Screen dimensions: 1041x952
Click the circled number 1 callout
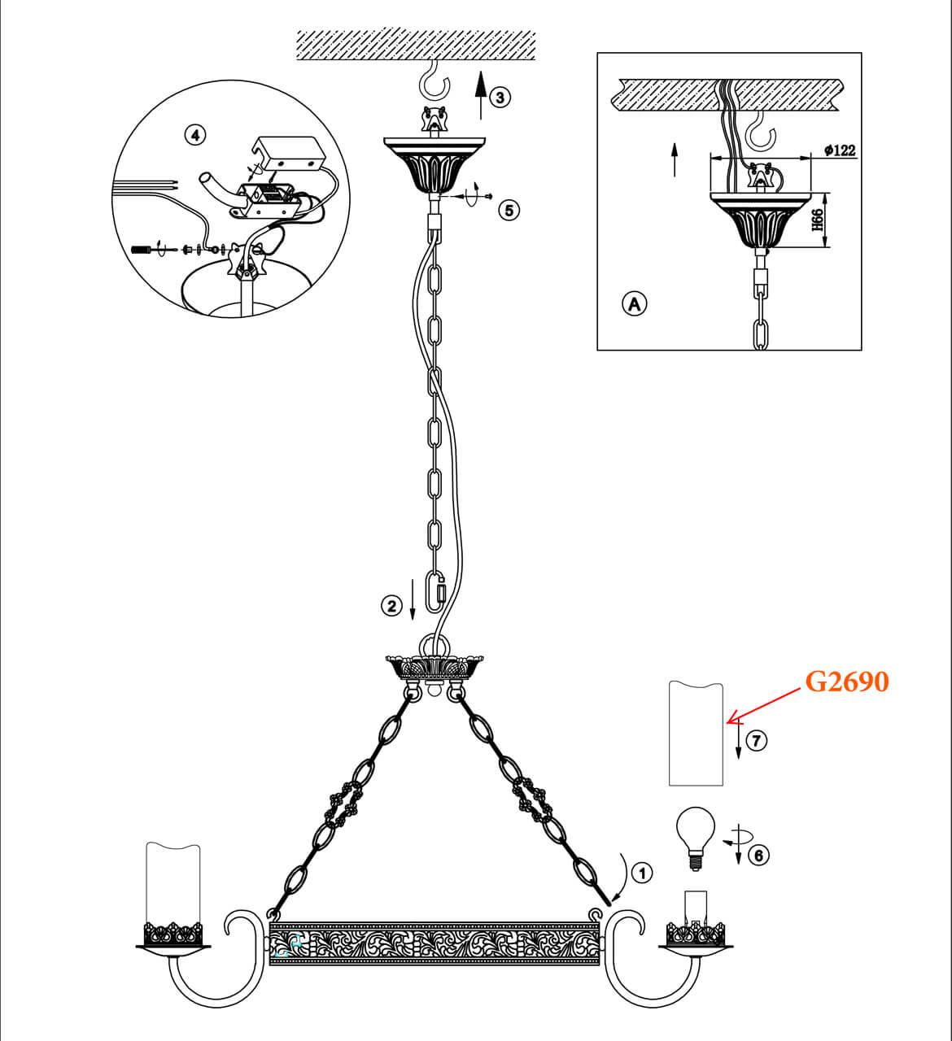click(x=643, y=873)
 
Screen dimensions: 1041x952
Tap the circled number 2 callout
click(x=393, y=605)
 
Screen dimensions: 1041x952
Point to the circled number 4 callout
click(x=194, y=135)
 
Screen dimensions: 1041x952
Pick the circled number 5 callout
click(x=509, y=211)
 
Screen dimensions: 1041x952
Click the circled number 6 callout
click(x=758, y=855)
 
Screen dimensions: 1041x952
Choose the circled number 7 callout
click(x=757, y=741)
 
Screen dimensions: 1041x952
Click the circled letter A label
click(x=634, y=303)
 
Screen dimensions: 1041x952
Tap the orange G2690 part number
click(x=846, y=682)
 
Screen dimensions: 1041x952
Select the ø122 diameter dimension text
click(x=839, y=150)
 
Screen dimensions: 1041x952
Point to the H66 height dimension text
click(x=818, y=220)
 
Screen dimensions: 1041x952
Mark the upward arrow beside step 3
click(x=480, y=92)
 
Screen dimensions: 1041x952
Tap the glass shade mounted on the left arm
click(x=172, y=883)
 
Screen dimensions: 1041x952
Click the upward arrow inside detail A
click(x=674, y=159)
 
